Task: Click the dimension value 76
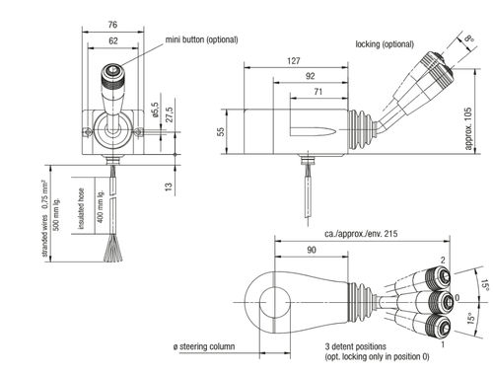tap(112, 25)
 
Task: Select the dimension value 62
tap(112, 40)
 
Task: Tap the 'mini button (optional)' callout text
tap(201, 39)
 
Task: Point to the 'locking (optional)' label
tap(385, 44)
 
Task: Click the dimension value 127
tap(293, 61)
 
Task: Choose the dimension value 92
tap(310, 76)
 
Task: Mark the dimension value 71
tap(317, 92)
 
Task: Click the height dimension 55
tap(221, 131)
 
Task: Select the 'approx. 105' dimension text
tap(468, 128)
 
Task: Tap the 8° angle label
tap(469, 38)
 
